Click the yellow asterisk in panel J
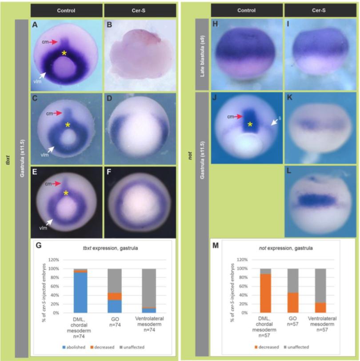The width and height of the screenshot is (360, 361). pyautogui.click(x=250, y=125)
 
